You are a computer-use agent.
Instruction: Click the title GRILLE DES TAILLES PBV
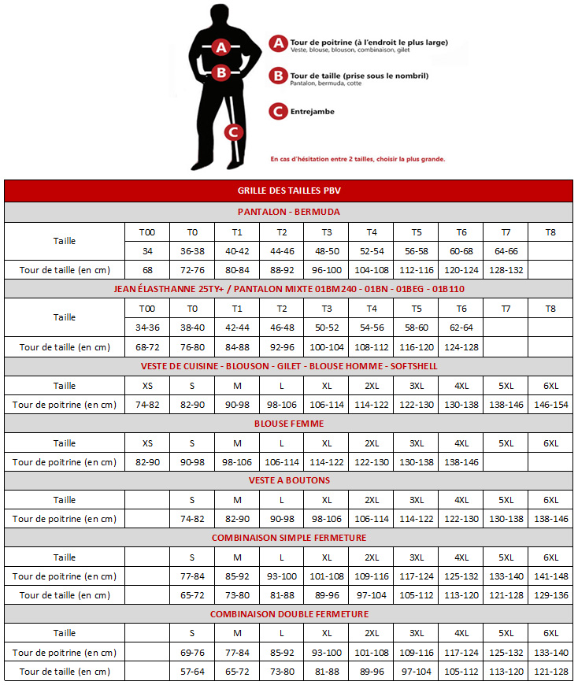pos(288,191)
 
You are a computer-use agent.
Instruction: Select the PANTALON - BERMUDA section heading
pos(288,212)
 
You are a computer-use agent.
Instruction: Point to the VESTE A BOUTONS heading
pos(289,480)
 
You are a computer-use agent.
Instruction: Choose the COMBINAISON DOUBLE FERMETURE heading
pos(289,614)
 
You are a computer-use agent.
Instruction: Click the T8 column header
pos(550,232)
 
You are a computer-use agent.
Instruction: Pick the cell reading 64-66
pos(506,251)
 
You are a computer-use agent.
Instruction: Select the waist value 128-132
pos(506,270)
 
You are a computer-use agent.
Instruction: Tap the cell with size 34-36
pos(147,328)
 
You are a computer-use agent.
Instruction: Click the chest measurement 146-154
pos(550,405)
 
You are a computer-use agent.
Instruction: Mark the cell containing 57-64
pos(192,672)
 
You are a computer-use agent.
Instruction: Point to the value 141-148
pos(550,576)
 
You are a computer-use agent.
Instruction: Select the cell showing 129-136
pos(550,595)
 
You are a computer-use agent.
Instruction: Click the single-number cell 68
pos(147,270)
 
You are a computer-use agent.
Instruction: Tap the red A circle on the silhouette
pos(221,47)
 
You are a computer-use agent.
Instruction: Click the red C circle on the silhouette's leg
pos(232,131)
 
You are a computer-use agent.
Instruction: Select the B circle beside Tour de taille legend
pos(277,76)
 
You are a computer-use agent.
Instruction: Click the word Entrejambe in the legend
pos(313,112)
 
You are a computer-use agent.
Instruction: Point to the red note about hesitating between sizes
pos(358,159)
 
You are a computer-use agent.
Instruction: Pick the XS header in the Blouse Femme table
pos(147,443)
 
